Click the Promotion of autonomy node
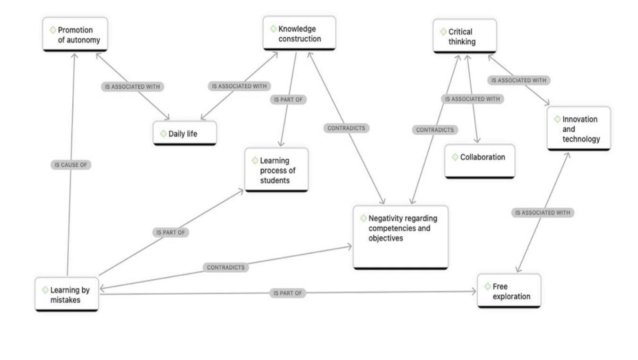pos(75,34)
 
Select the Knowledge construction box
pos(299,33)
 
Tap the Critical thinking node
pos(465,36)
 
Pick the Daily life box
pos(185,133)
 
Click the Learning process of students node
pos(276,170)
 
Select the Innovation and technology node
pos(579,129)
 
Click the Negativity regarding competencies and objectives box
pos(400,236)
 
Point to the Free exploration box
pos(509,291)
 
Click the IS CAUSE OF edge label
pos(71,165)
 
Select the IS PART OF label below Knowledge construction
pos(288,100)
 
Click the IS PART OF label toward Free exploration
pos(287,293)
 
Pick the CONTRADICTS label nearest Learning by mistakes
pos(226,267)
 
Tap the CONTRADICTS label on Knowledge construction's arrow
pos(346,128)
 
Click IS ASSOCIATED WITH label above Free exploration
pos(543,213)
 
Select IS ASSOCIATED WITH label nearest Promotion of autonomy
pos(133,86)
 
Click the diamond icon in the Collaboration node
pos(455,157)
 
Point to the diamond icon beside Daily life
pos(164,134)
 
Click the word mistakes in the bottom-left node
pos(66,300)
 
